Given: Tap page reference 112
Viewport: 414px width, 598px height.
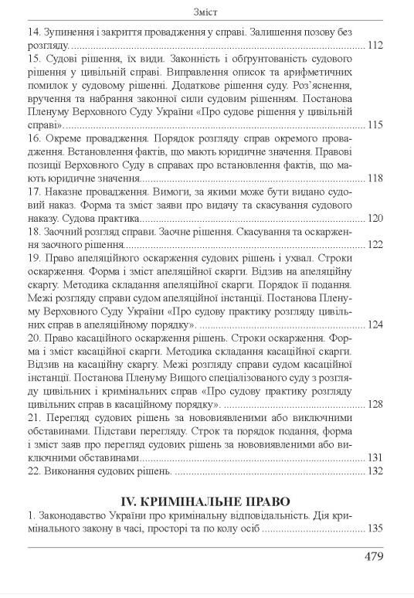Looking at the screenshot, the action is [375, 47].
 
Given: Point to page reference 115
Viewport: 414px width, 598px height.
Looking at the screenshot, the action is [375, 125].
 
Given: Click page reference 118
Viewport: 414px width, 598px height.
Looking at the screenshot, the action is [375, 178].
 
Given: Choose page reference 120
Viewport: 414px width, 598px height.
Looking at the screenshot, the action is [375, 219].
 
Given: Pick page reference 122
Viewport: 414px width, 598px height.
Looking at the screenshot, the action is [375, 245].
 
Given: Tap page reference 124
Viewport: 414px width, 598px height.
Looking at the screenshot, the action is [375, 324].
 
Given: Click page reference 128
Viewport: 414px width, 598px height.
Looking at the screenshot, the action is [375, 404].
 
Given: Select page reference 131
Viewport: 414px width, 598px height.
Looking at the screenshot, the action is [375, 457].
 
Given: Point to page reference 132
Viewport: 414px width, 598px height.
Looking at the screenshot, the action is [375, 471].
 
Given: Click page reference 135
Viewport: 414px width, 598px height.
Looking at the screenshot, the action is [375, 531].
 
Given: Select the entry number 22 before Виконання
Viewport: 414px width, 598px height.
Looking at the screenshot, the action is [34, 471].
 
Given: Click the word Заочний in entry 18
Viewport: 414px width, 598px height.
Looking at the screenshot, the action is [63, 232].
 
